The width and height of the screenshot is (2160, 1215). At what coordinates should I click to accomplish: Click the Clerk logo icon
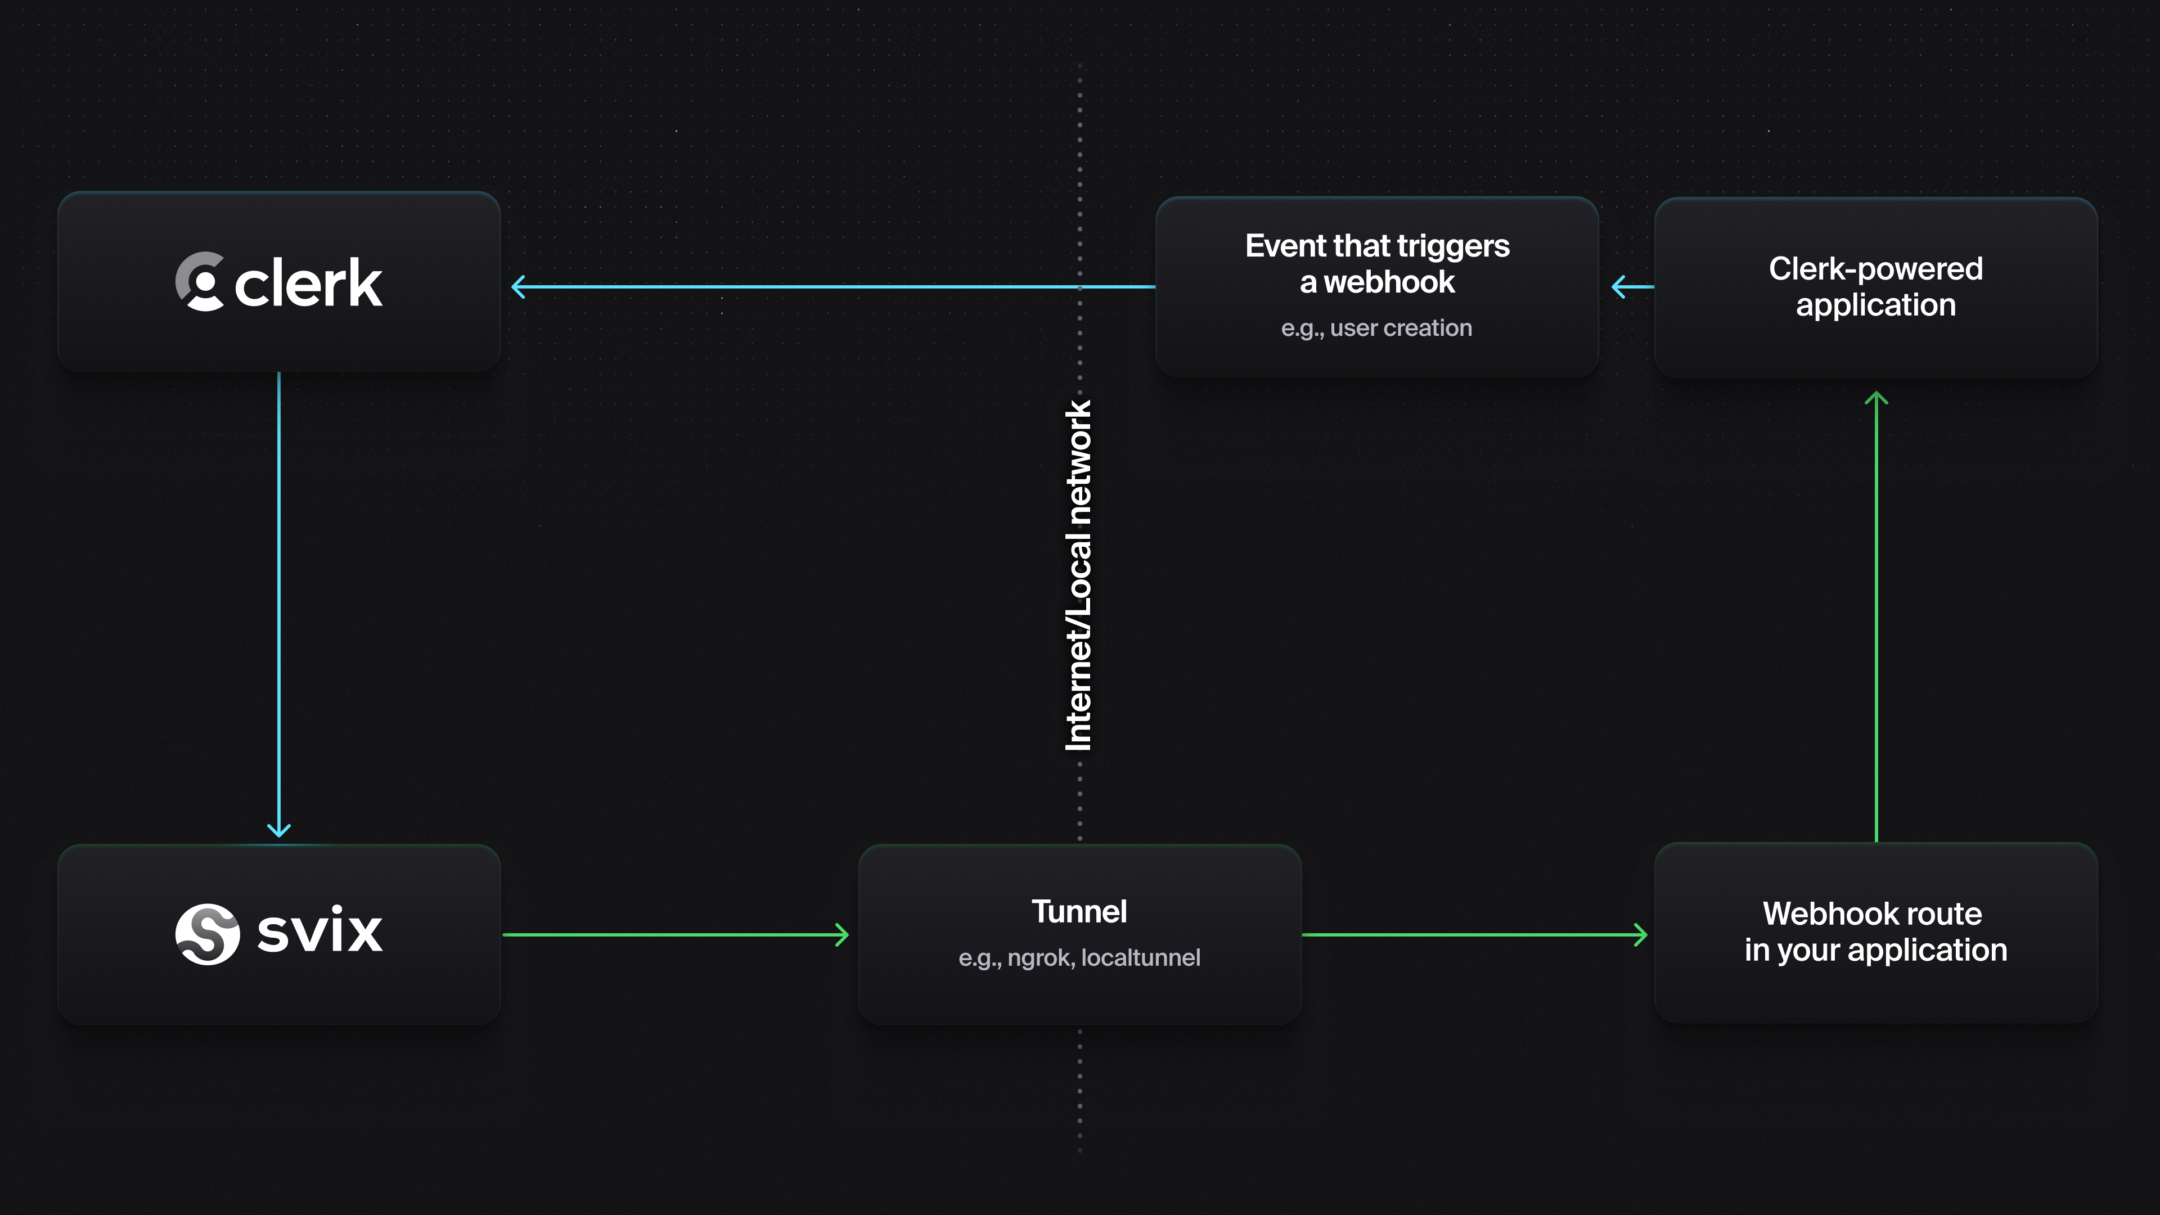[200, 282]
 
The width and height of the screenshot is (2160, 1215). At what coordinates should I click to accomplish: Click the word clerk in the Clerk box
[309, 283]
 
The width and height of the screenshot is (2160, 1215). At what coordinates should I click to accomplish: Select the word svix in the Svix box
[319, 931]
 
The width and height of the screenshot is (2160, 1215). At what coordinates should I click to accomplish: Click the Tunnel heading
[1079, 911]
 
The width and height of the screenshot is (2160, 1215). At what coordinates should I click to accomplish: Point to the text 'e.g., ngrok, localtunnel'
[1079, 957]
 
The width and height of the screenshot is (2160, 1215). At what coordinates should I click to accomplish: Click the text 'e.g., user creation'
[1376, 328]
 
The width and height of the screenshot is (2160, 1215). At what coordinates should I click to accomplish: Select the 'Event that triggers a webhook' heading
[1377, 263]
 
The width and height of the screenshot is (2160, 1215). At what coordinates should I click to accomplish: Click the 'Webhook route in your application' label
[1876, 931]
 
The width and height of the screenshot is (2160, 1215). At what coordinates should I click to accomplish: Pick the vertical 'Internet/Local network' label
[1078, 575]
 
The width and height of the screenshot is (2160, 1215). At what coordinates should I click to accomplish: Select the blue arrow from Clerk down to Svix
[279, 604]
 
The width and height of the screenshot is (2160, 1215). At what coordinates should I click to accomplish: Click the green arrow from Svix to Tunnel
[675, 934]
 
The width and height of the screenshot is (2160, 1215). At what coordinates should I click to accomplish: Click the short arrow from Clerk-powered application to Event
[1632, 287]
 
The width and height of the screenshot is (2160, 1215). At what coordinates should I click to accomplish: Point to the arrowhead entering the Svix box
[279, 829]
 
